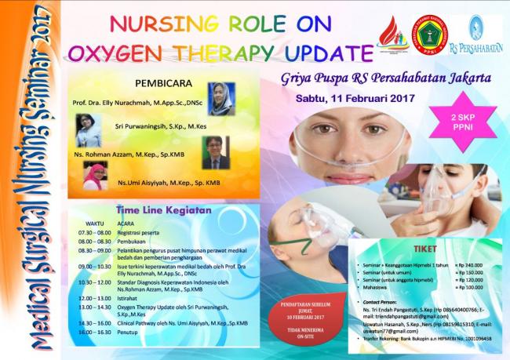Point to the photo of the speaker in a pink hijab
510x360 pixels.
pyautogui.click(x=96, y=176)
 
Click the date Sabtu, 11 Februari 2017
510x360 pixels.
pyautogui.click(x=348, y=100)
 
